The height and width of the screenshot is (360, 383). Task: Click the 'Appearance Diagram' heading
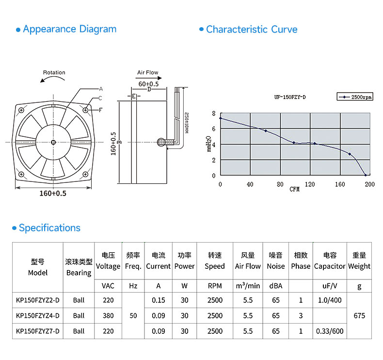click(69, 29)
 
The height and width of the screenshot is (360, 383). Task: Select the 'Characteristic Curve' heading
click(252, 30)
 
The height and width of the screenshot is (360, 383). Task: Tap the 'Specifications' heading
click(49, 228)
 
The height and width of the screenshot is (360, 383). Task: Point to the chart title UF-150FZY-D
click(290, 97)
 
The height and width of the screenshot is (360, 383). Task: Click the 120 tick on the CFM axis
click(310, 184)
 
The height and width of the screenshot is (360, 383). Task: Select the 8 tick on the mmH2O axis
click(213, 114)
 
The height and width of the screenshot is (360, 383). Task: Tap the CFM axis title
click(295, 189)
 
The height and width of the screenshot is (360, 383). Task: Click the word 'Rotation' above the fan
click(54, 73)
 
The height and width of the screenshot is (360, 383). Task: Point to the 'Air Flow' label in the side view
click(147, 73)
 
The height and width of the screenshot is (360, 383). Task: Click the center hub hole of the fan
click(52, 142)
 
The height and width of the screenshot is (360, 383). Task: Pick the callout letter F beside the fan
click(101, 110)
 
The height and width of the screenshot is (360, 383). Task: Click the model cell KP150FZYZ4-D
click(38, 315)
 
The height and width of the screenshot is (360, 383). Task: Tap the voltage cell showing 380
click(108, 315)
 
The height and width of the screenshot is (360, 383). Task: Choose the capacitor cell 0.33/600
click(330, 331)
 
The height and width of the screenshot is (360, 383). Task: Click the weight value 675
click(359, 315)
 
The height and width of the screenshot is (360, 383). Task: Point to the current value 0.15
click(159, 300)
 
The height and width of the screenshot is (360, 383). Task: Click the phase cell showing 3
click(301, 315)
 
